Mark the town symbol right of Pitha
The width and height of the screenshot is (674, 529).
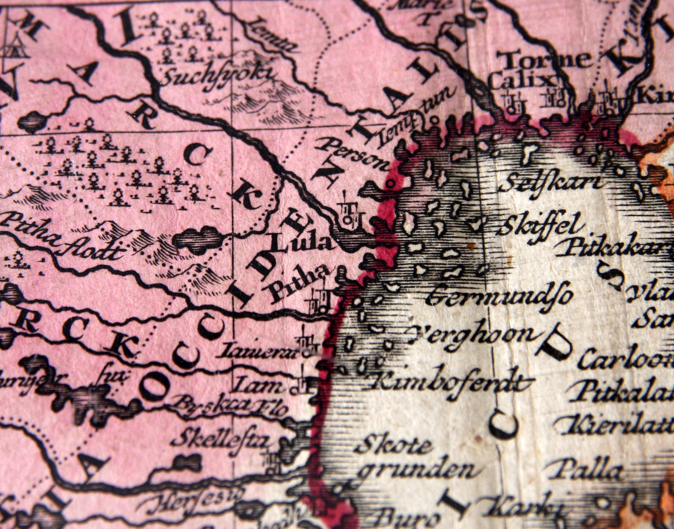(x=319, y=301)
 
